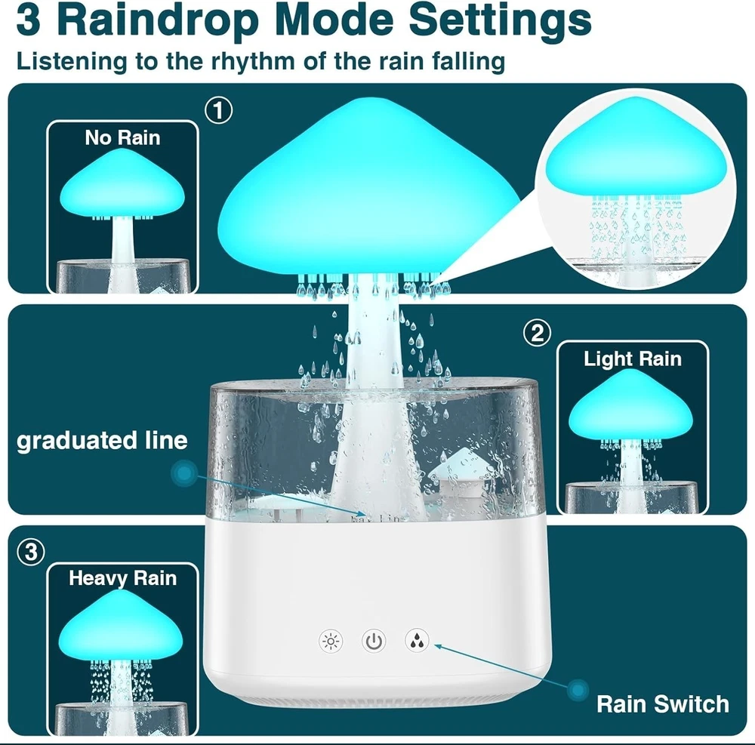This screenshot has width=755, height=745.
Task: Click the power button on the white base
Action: click(x=374, y=641)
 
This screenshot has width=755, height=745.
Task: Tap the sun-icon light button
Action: click(x=331, y=641)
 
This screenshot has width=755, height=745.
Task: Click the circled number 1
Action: click(x=219, y=110)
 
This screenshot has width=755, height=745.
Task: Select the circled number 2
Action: click(x=537, y=333)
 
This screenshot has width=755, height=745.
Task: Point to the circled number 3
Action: click(x=31, y=552)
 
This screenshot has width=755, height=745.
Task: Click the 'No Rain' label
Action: click(x=122, y=138)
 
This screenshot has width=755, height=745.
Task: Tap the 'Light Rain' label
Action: click(x=633, y=359)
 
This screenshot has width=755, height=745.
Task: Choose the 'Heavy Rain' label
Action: click(x=122, y=578)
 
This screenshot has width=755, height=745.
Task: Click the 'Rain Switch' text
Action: click(x=663, y=704)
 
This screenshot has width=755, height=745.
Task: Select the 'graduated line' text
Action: click(x=102, y=441)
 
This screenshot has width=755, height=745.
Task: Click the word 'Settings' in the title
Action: click(x=500, y=20)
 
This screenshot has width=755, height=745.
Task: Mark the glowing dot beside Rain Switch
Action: click(x=578, y=691)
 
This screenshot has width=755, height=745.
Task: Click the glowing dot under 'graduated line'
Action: click(x=184, y=473)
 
